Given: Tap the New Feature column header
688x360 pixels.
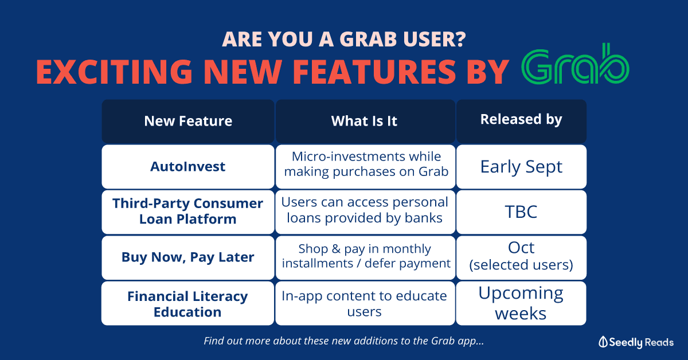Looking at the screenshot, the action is pyautogui.click(x=188, y=121).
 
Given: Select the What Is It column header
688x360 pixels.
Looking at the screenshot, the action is pyautogui.click(x=365, y=121).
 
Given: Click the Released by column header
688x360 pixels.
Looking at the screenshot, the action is pyautogui.click(x=521, y=121).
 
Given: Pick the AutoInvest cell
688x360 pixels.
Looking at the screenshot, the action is pyautogui.click(x=188, y=166).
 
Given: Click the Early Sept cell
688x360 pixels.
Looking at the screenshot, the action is pyautogui.click(x=521, y=166).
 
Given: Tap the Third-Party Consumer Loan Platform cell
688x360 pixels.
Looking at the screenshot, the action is pyautogui.click(x=188, y=212).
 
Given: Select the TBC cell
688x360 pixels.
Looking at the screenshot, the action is pyautogui.click(x=521, y=212).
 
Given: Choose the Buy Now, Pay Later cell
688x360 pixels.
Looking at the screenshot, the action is pyautogui.click(x=188, y=257).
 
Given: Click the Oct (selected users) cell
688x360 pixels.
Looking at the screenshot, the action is pyautogui.click(x=521, y=257).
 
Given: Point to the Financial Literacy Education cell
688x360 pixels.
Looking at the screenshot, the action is pyautogui.click(x=187, y=303).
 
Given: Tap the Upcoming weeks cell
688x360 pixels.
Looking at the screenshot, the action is pyautogui.click(x=521, y=303).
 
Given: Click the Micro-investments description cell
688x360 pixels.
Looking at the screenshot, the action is pyautogui.click(x=365, y=166).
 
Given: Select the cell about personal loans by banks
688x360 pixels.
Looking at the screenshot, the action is pyautogui.click(x=365, y=212).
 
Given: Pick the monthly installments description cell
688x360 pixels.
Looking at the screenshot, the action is pyautogui.click(x=365, y=257).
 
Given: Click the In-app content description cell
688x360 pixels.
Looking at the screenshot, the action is pyautogui.click(x=365, y=303).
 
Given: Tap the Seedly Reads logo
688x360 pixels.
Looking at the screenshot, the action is pyautogui.click(x=636, y=342).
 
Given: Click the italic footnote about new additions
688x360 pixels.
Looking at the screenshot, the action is pyautogui.click(x=343, y=341).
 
